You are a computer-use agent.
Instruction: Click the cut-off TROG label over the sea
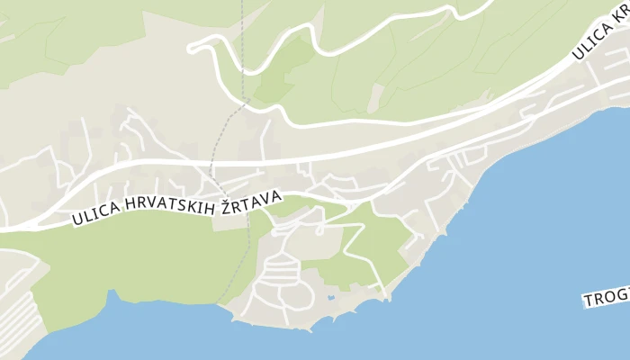pos(606,298)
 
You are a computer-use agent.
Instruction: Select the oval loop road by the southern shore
pos(294,294)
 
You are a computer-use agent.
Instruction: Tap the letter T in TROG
pos(588,301)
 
